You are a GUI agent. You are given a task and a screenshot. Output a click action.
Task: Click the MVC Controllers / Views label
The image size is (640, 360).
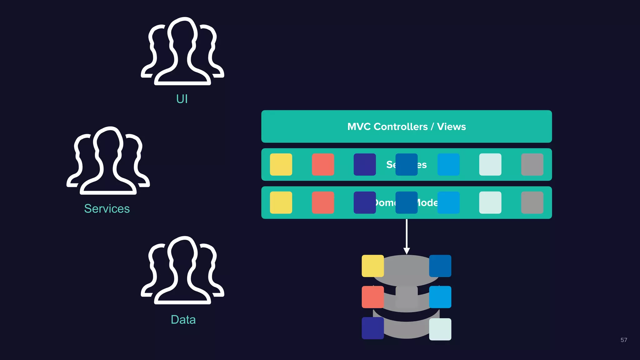[406, 127]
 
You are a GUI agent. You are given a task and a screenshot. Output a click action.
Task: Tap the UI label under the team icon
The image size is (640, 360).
[182, 99]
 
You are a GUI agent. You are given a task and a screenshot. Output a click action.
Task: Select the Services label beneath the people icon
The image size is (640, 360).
[107, 208]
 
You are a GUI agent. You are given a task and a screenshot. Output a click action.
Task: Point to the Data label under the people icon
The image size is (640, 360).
[183, 320]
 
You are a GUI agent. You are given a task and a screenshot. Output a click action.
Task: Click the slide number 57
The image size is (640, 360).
[624, 340]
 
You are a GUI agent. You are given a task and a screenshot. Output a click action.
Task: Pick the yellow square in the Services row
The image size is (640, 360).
[281, 164]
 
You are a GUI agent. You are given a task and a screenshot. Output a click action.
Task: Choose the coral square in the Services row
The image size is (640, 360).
[323, 164]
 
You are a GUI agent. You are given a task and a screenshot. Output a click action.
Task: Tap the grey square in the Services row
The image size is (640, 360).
[532, 164]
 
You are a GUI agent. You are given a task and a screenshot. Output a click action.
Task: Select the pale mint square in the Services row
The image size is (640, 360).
[490, 164]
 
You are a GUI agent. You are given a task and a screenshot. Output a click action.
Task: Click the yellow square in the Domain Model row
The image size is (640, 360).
[281, 202]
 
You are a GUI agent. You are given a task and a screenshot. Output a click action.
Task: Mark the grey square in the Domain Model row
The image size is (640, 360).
[532, 202]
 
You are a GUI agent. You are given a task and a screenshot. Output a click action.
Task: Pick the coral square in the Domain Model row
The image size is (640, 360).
[323, 202]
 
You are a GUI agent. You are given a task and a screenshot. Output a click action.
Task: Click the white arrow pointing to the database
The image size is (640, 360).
[407, 237]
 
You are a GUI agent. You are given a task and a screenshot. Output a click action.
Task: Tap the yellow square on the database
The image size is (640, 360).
[372, 266]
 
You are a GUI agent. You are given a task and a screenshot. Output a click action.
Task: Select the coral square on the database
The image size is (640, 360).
[372, 297]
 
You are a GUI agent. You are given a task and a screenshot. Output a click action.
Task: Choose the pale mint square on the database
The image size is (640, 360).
[440, 329]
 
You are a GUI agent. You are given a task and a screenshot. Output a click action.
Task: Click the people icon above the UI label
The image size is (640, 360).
[182, 52]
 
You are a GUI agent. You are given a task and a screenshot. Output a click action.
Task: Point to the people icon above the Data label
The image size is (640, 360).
[182, 270]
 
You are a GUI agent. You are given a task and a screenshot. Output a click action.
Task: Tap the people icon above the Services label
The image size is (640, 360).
[108, 161]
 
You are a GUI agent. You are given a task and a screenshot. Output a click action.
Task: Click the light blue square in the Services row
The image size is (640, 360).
[448, 164]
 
